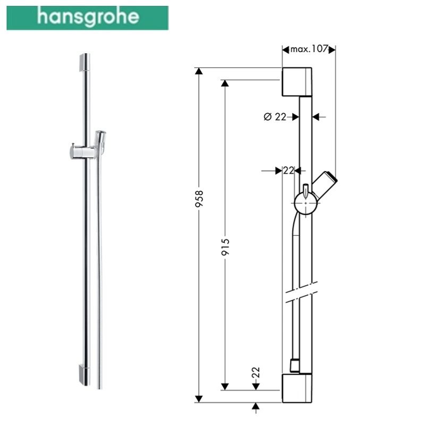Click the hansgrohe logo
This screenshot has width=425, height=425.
tap(88, 18)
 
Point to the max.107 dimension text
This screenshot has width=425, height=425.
tap(309, 50)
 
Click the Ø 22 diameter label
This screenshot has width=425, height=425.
tap(275, 117)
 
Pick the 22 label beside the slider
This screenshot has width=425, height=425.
tap(288, 171)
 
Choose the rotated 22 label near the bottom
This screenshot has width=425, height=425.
tap(256, 372)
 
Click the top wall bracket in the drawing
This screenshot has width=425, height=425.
tap(297, 82)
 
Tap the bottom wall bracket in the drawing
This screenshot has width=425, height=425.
tap(297, 388)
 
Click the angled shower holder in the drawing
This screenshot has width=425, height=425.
tap(325, 184)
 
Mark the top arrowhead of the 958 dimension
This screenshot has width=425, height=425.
tap(200, 72)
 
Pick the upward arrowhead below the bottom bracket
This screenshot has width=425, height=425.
tap(256, 407)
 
